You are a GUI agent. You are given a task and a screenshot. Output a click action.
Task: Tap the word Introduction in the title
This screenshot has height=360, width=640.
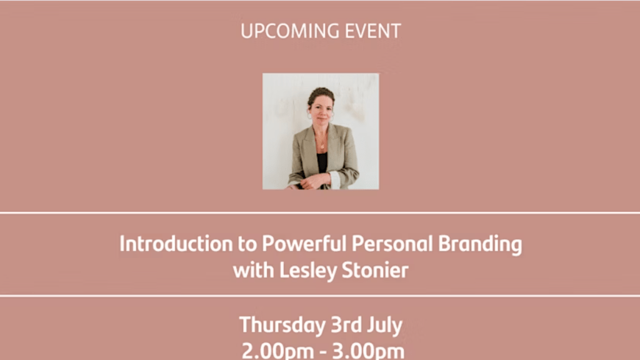click(x=176, y=244)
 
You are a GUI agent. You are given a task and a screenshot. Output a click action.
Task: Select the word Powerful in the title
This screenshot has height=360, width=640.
click(x=304, y=244)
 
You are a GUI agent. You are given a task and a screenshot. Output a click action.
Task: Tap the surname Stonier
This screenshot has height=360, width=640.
click(x=375, y=270)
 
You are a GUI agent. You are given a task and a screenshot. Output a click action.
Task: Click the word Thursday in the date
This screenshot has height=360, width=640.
click(x=282, y=326)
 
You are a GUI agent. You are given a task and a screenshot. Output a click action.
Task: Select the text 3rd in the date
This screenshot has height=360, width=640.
click(x=346, y=325)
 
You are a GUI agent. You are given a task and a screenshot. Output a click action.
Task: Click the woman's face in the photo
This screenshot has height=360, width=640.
click(x=321, y=110)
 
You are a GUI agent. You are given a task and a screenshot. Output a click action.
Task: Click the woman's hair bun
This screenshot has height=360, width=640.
click(x=321, y=91)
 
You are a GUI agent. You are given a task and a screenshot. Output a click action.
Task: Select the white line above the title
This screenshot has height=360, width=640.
click(x=320, y=212)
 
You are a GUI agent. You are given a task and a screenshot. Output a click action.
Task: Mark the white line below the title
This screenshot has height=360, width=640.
click(x=320, y=296)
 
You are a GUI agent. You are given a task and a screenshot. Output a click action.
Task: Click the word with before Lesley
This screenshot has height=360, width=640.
click(x=254, y=270)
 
